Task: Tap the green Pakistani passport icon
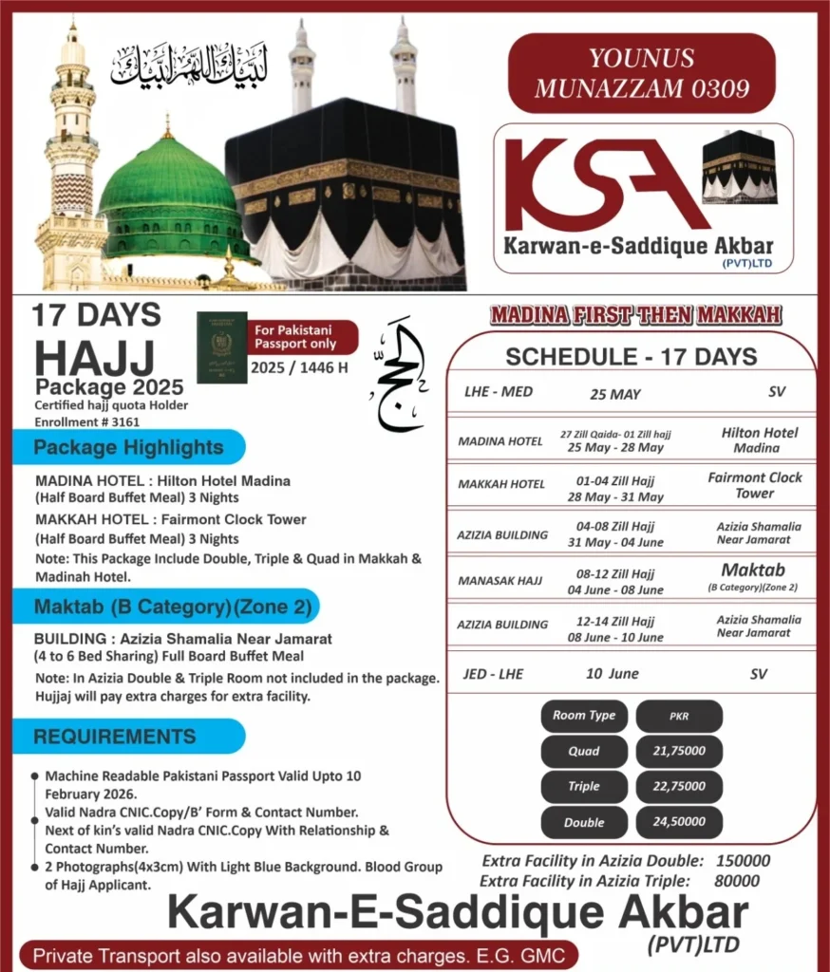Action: click(222, 347)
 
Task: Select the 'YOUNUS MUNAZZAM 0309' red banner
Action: click(642, 74)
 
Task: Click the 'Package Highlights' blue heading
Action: click(129, 447)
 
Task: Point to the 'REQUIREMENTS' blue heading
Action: click(116, 737)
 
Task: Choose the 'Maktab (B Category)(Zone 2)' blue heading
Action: click(166, 606)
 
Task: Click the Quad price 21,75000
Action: click(678, 751)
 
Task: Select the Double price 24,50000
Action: click(678, 822)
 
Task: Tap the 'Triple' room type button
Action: click(584, 786)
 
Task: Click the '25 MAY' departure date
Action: click(615, 394)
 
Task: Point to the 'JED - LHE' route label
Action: click(493, 674)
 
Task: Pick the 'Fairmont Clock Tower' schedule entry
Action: click(754, 485)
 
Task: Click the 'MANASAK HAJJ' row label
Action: click(500, 580)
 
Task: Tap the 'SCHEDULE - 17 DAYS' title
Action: click(631, 357)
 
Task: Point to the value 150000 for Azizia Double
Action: click(741, 861)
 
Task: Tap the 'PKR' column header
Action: click(678, 716)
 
